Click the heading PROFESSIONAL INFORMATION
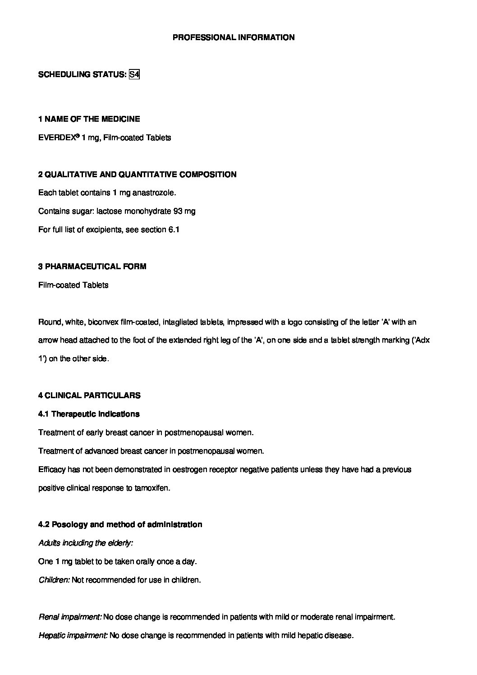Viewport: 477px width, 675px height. point(234,37)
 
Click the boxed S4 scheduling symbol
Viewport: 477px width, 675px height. point(134,74)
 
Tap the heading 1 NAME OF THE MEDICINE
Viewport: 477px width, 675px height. point(89,119)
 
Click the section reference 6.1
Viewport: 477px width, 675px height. point(174,230)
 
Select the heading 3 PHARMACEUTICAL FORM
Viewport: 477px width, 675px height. point(92,266)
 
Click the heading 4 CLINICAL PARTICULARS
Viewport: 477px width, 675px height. point(89,395)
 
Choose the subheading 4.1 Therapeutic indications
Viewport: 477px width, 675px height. point(89,414)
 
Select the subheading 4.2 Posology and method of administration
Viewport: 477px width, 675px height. point(120,524)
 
